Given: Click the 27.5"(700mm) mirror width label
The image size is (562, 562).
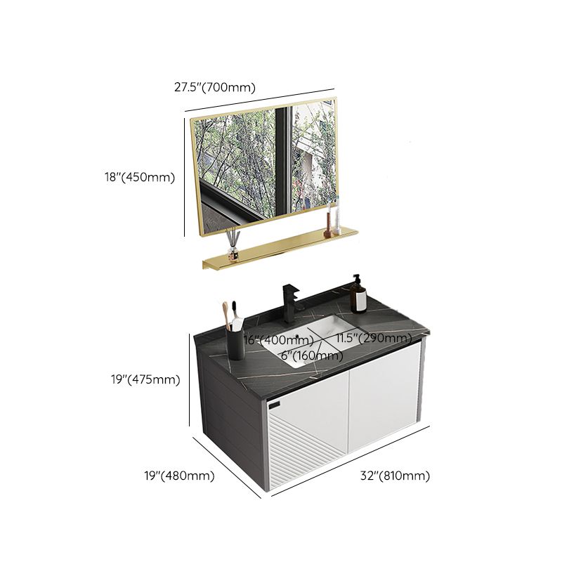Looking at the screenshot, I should pos(215,88).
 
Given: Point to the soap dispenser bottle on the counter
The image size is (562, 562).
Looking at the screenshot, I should pos(359,295).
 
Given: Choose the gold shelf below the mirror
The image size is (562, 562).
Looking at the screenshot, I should pos(281,249).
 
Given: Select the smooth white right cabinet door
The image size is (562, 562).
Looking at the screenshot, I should pos(383,400).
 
